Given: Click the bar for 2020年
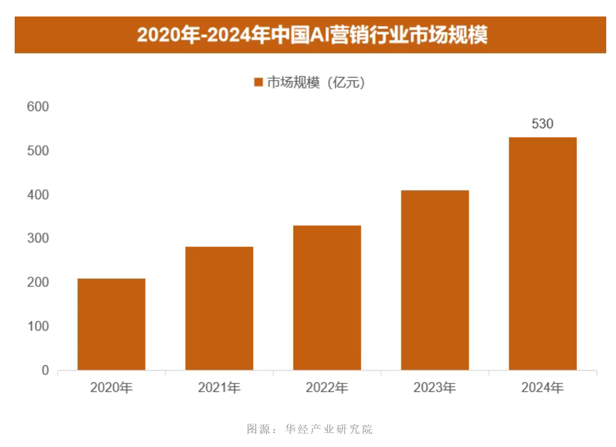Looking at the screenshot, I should [x=111, y=324].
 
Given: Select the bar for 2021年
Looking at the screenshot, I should [x=219, y=308].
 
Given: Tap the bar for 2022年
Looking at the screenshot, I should [x=327, y=298].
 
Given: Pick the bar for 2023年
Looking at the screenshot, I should [x=435, y=280].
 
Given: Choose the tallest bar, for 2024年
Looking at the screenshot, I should [x=543, y=253].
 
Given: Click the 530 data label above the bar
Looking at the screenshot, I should [x=543, y=124].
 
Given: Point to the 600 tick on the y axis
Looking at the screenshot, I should [x=38, y=107].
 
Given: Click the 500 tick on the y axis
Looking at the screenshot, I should [x=38, y=151].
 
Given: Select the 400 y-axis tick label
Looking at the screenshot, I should [x=38, y=195].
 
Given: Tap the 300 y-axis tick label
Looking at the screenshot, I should [x=38, y=239].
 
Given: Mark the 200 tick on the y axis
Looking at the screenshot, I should [x=38, y=283].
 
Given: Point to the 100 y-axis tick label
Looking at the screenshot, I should [x=38, y=327].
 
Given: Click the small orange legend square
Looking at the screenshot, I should [x=258, y=82].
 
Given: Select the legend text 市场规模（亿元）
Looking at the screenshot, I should [x=316, y=82].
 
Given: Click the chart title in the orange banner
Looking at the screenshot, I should [x=312, y=35].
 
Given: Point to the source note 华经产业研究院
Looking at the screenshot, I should [x=329, y=429].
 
